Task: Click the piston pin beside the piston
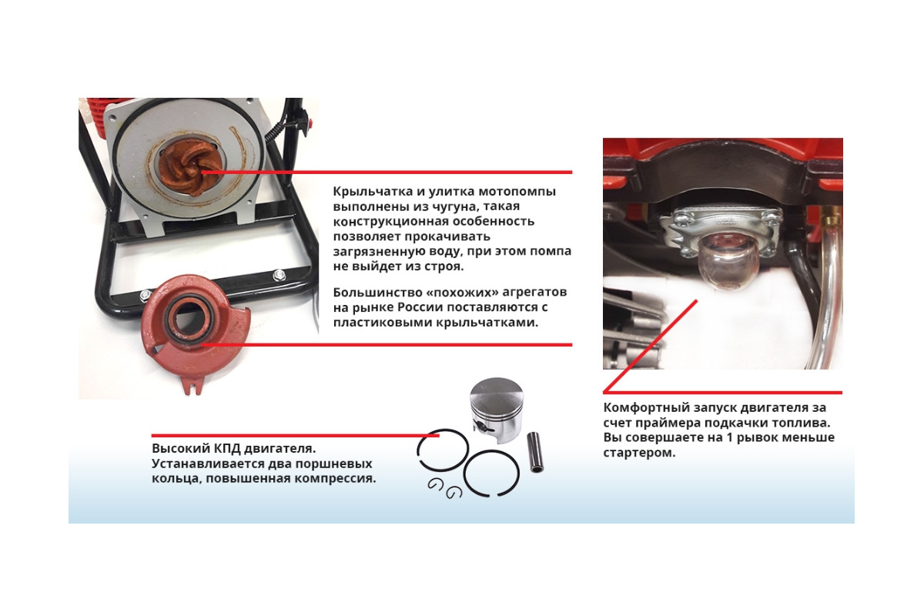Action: (534, 452)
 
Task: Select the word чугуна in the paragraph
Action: (453, 206)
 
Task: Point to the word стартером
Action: (639, 453)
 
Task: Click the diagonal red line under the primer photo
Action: (650, 346)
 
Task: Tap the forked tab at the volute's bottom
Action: (193, 385)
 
